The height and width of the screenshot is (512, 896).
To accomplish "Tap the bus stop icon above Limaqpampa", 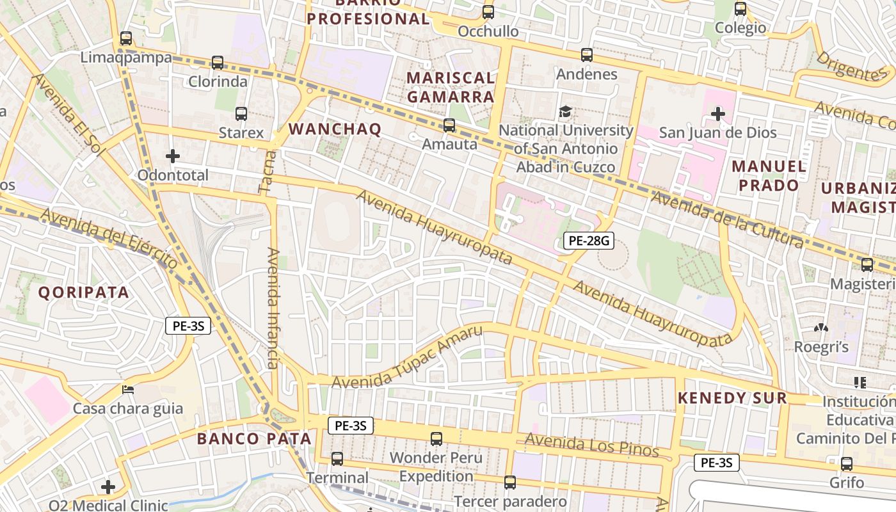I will coord(126,38).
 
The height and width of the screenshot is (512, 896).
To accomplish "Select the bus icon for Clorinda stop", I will coord(218,63).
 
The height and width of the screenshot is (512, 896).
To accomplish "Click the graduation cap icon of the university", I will coord(565,112).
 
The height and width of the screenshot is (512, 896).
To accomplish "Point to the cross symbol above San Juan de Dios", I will coord(718,115).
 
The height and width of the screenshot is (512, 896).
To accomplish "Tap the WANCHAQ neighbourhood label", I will coord(335,129).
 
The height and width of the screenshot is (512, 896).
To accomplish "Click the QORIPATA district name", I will coord(84,292).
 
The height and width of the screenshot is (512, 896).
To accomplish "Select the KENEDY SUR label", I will coord(732,398).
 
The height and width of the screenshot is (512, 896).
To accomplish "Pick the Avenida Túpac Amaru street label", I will coord(407,358).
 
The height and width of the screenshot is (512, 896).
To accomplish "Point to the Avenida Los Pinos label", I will coord(591,445).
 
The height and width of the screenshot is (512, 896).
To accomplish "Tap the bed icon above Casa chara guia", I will coord(128,389).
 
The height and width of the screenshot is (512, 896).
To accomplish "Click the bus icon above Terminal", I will coord(337,459).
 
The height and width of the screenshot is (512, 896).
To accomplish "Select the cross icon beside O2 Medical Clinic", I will coord(108,488).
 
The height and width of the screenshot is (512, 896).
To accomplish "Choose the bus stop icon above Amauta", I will coord(449,125).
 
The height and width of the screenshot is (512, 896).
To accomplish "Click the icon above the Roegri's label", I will coord(820,328).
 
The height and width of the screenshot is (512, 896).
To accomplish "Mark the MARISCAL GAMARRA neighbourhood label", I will coord(451,87).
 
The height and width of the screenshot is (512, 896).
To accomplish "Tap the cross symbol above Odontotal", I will coord(173,156).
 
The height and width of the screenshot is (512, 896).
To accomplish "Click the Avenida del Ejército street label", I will coord(109,237).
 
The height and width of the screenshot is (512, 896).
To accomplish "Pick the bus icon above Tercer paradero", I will coord(510,483).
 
